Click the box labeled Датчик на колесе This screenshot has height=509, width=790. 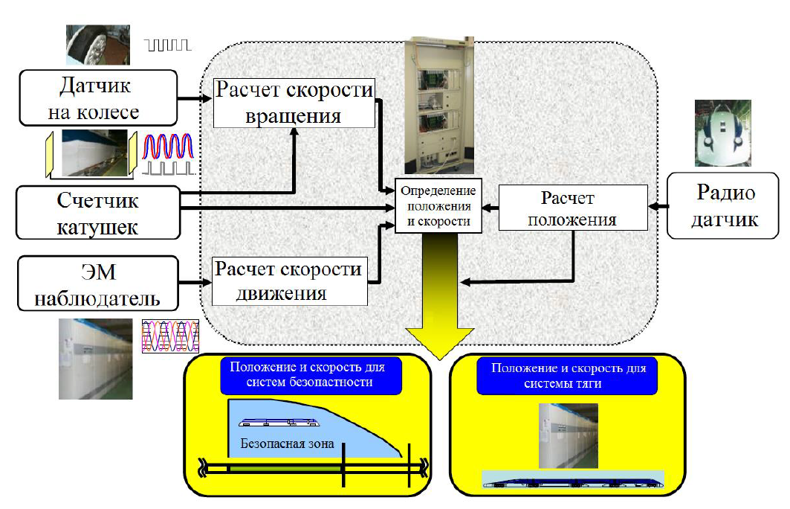[98, 97]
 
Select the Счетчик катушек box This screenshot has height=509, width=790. [98, 212]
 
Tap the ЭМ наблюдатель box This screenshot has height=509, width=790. [98, 284]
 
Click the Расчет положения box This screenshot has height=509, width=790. [573, 208]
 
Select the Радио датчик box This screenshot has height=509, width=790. [725, 206]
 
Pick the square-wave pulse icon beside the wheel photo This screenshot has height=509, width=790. [169, 46]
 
